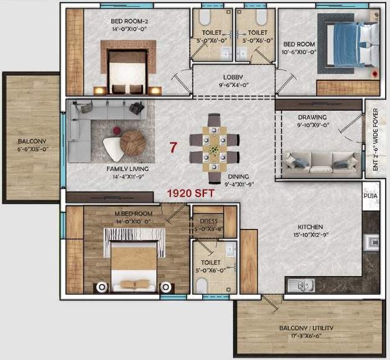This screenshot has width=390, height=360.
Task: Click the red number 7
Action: tap(175, 148)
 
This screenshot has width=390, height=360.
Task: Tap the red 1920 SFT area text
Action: tap(190, 193)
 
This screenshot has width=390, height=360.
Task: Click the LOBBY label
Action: tap(233, 78)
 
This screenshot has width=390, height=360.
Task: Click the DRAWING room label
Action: tap(312, 117)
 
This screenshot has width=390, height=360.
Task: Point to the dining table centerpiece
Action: tap(213, 149)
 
